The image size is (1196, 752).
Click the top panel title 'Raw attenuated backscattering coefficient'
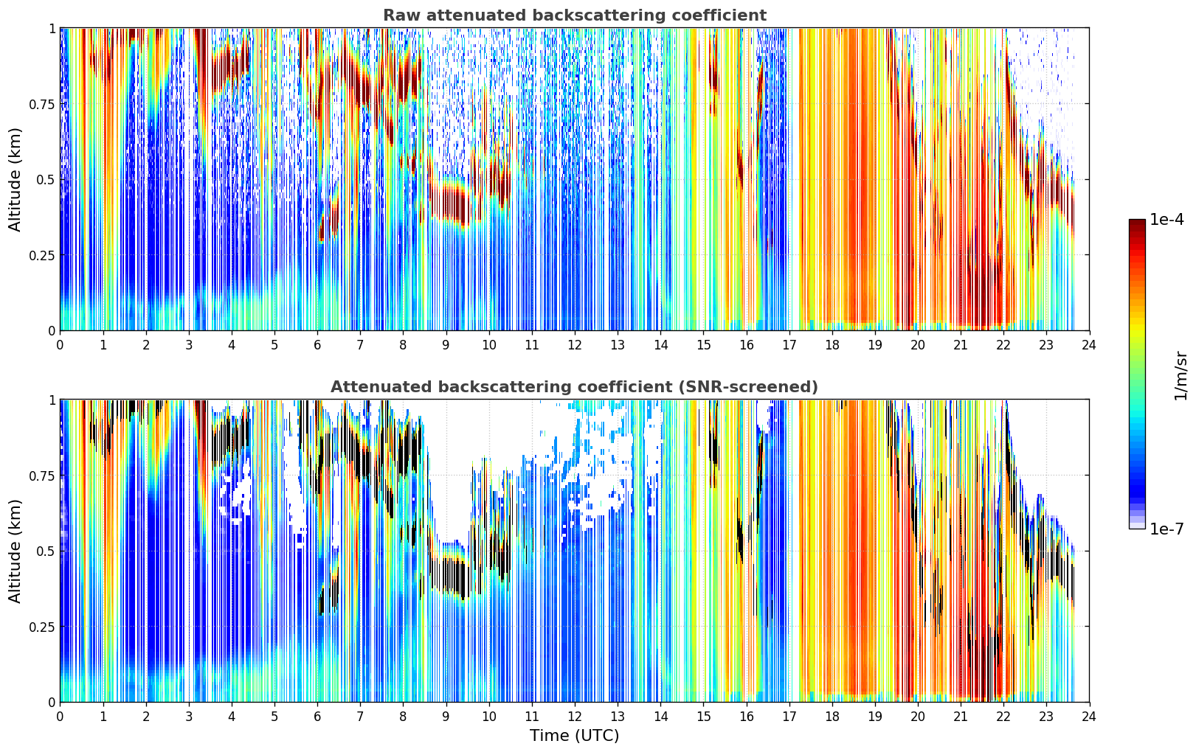(x=575, y=15)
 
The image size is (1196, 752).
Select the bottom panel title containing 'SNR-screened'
(x=575, y=386)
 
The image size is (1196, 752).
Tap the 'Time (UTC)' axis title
(x=575, y=736)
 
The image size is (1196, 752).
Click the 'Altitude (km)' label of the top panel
(x=15, y=179)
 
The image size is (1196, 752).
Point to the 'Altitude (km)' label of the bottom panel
(x=15, y=551)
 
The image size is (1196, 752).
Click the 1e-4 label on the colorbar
(x=1166, y=220)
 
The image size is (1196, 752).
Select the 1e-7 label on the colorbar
(x=1166, y=529)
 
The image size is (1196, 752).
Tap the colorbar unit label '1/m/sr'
(x=1181, y=375)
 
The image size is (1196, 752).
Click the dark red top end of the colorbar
(x=1137, y=222)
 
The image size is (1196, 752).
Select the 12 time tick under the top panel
(x=575, y=345)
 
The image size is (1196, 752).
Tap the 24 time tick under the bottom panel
(x=1089, y=717)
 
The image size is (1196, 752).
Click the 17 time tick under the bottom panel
(x=789, y=717)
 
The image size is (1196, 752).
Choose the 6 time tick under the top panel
(x=317, y=345)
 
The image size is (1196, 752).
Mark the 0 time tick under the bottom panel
(x=60, y=717)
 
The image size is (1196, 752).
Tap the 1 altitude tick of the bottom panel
(x=52, y=400)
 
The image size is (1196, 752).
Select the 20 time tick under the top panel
(x=918, y=345)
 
